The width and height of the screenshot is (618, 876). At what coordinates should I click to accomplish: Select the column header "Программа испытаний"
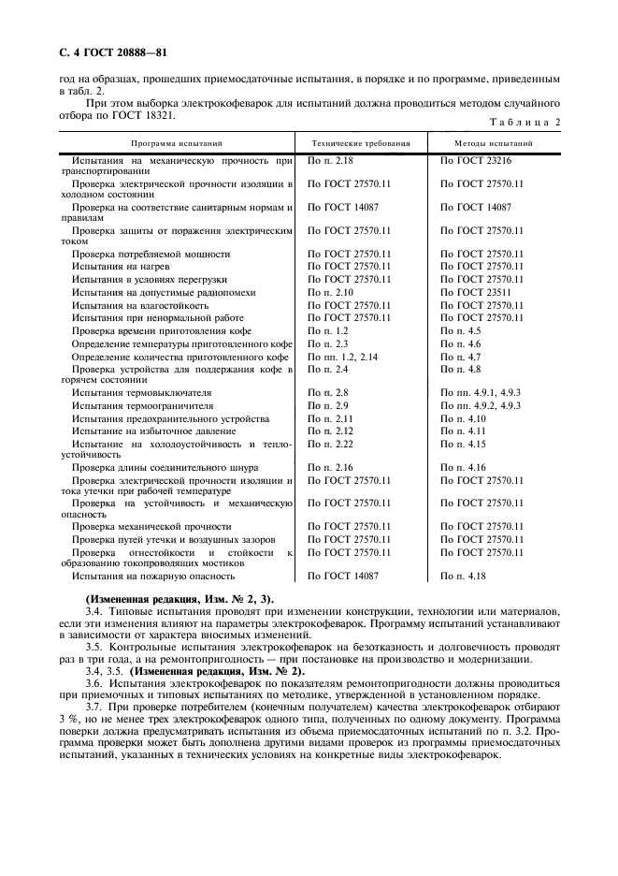[x=177, y=145]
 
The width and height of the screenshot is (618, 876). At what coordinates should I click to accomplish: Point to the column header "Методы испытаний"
[x=494, y=145]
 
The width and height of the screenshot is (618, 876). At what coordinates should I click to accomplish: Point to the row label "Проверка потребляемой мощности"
[x=151, y=254]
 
